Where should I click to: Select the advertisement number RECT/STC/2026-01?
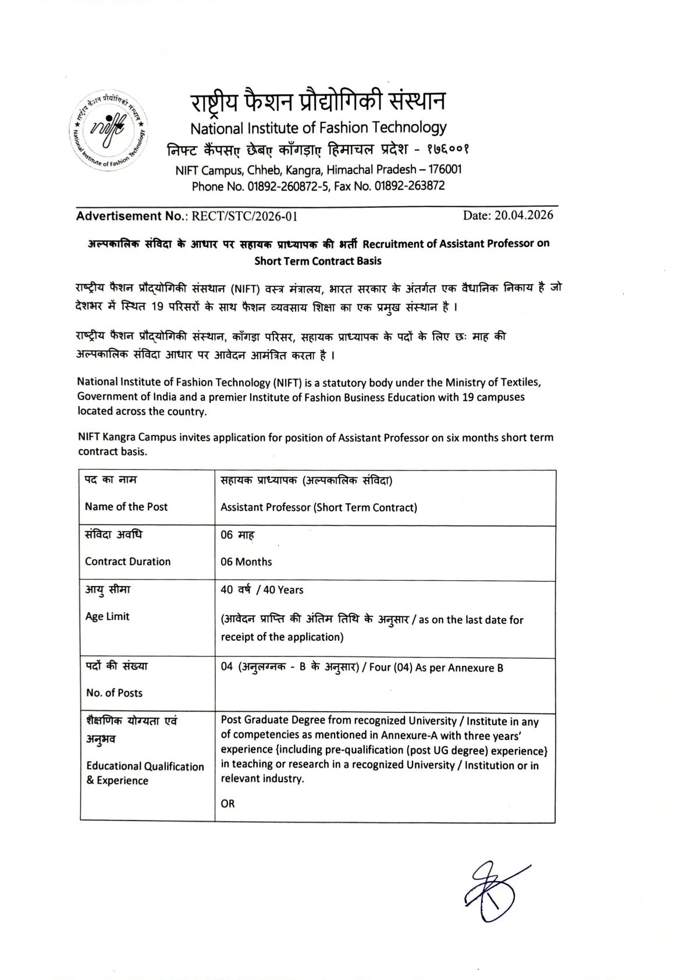pos(244,216)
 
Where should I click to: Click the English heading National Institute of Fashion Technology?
pos(318,127)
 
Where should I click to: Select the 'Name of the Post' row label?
pos(126,506)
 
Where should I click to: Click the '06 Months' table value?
pos(246,562)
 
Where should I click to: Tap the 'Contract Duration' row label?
pos(127,562)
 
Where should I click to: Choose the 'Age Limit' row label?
pos(107,616)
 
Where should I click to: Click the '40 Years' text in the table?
pos(283,590)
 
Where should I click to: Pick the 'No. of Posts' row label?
pos(114,693)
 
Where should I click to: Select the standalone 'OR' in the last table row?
pos(228,804)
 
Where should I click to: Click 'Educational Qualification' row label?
pos(145,766)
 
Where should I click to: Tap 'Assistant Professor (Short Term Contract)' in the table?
pos(318,507)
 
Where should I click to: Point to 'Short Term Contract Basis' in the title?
pos(318,261)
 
